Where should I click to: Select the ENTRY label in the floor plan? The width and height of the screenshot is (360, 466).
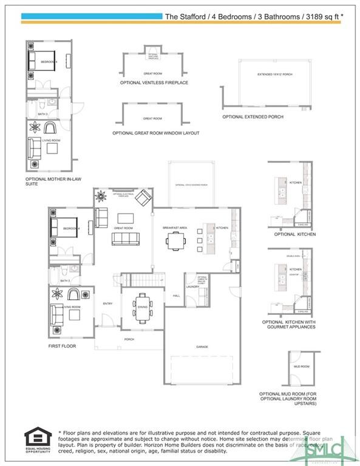pyautogui.click(x=107, y=303)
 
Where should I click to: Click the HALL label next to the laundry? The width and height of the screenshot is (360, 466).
pyautogui.click(x=176, y=295)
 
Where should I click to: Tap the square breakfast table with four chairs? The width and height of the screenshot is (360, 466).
pyautogui.click(x=176, y=241)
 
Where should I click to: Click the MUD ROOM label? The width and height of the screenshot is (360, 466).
pyautogui.click(x=301, y=366)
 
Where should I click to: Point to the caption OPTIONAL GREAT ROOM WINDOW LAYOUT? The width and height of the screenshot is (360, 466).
pyautogui.click(x=155, y=133)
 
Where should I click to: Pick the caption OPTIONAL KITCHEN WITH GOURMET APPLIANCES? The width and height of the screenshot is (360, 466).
pyautogui.click(x=289, y=325)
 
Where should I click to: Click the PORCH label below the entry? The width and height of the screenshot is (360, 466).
pyautogui.click(x=129, y=339)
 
